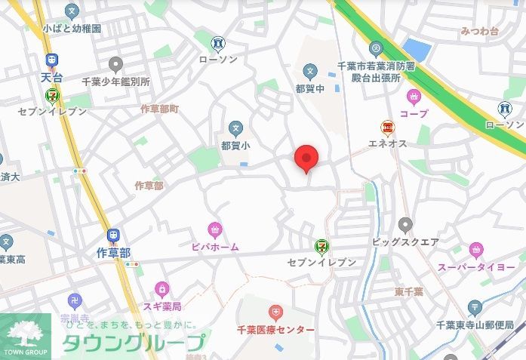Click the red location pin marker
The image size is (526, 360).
tap(306, 158)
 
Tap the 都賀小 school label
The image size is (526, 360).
tap(235, 144)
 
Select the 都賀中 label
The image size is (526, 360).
tap(309, 88)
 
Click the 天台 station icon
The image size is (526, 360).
tap(51, 61)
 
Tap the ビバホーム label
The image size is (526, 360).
tap(215, 247)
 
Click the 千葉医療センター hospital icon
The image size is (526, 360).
tap(276, 312)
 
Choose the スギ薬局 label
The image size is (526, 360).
tap(162, 307)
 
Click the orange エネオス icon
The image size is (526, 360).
tap(388, 127)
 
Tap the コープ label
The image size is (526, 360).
tap(413, 114)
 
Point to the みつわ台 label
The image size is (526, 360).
tap(479, 32)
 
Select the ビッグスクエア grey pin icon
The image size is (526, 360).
tap(405, 224)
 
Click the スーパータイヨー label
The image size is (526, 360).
tap(476, 267)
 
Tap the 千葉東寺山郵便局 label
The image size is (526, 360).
tap(475, 325)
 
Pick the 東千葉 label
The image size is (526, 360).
tap(408, 291)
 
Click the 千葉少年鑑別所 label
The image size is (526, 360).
tap(116, 81)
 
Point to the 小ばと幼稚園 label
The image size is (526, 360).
tap(72, 28)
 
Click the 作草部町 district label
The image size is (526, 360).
tap(159, 109)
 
